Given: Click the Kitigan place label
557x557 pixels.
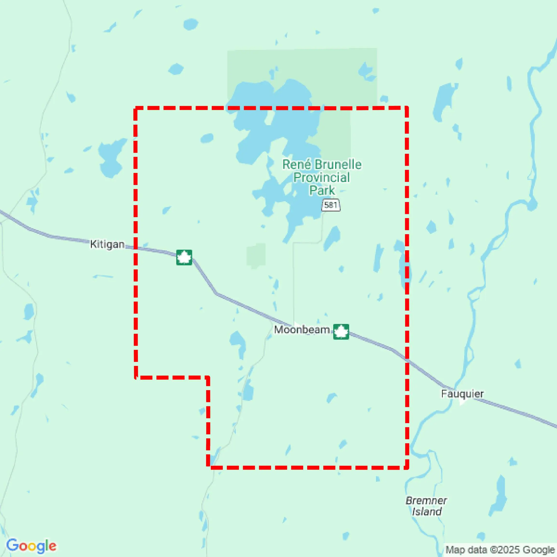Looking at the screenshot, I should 107,244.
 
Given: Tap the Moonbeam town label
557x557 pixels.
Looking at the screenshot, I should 302,330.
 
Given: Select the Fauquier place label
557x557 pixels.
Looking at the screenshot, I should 462,394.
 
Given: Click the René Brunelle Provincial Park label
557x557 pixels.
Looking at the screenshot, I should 322,177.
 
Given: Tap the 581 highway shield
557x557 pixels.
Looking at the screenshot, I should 331,205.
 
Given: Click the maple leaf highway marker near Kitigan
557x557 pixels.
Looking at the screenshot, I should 184,257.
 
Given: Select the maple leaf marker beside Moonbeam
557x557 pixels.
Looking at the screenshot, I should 341,332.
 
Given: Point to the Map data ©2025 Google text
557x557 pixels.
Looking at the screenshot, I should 500,550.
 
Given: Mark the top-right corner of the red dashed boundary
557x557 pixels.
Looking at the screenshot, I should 407,108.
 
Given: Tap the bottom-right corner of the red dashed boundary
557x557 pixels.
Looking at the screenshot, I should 407,468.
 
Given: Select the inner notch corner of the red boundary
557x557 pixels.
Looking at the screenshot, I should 208,377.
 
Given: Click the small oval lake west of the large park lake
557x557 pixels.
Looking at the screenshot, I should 207,138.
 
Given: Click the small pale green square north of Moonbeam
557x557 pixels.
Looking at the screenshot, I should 256,255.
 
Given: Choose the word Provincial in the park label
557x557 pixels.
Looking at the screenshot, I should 322,177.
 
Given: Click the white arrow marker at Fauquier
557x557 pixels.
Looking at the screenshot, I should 462,401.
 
